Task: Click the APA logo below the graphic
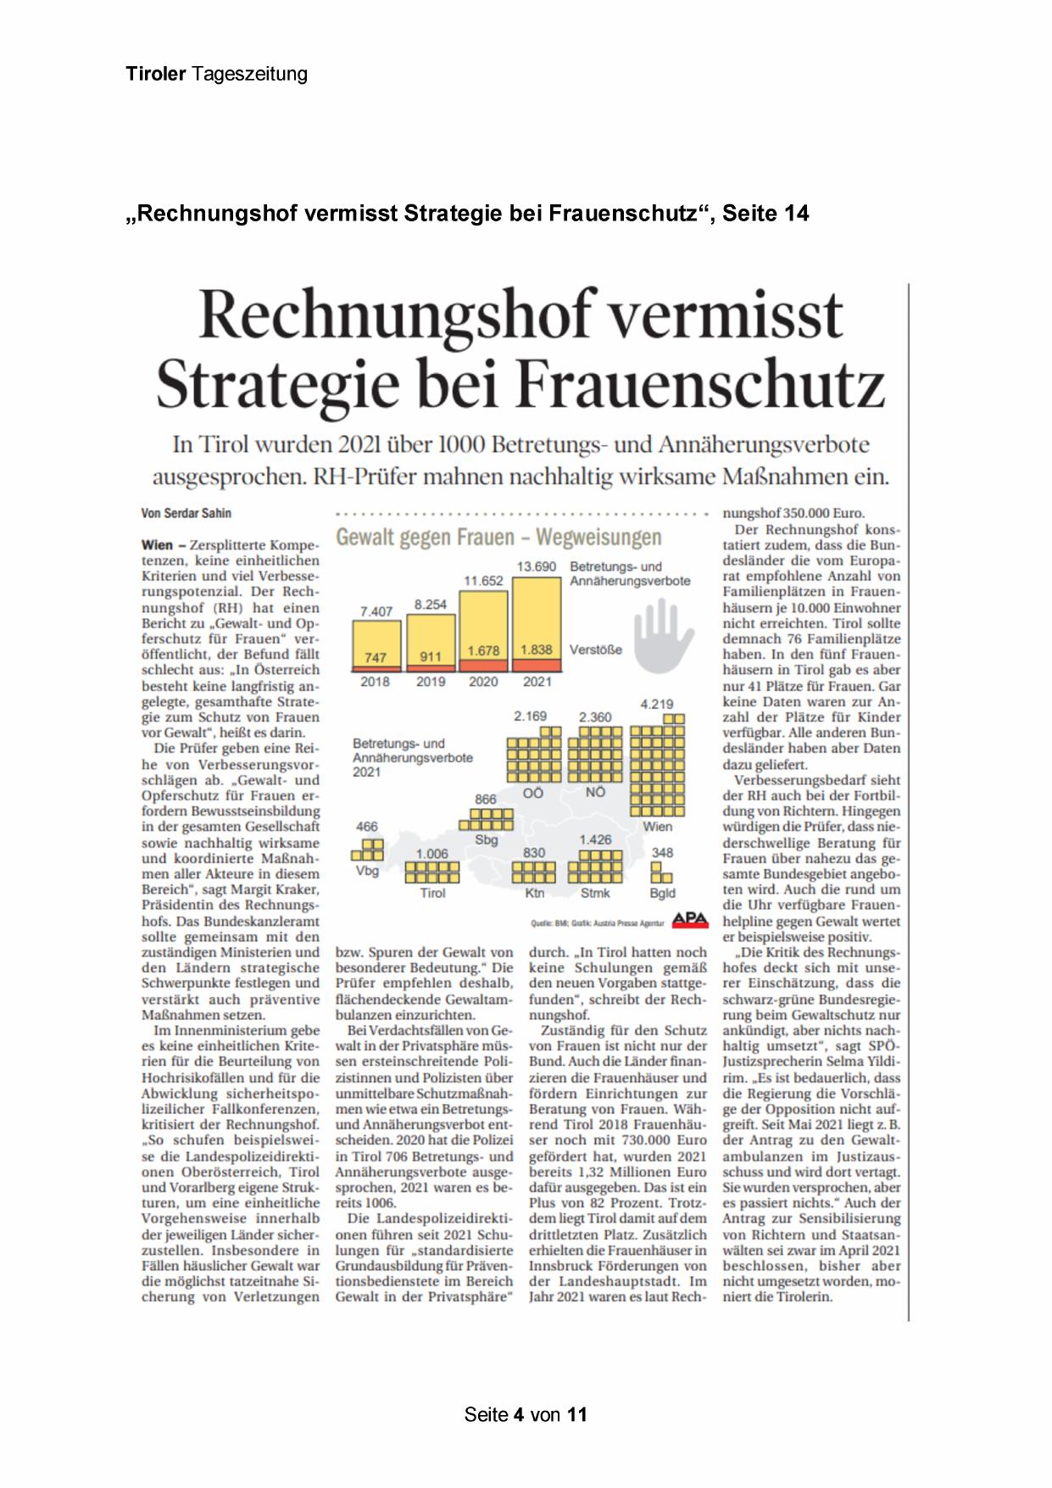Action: click(689, 921)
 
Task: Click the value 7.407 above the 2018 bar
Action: click(376, 611)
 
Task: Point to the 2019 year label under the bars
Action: click(431, 682)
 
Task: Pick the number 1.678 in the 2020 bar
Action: click(483, 650)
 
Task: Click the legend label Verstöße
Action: click(595, 649)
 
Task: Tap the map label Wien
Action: click(657, 826)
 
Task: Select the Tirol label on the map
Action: click(432, 893)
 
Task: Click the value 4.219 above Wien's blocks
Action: click(657, 704)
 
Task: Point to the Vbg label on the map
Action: click(367, 871)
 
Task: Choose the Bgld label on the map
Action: click(662, 893)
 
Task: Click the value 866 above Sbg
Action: click(486, 800)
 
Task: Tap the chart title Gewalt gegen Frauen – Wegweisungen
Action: click(498, 538)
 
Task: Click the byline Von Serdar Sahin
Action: click(186, 513)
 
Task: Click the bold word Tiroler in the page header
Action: click(156, 74)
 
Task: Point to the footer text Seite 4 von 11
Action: click(526, 1415)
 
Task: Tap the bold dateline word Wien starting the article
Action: click(157, 544)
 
